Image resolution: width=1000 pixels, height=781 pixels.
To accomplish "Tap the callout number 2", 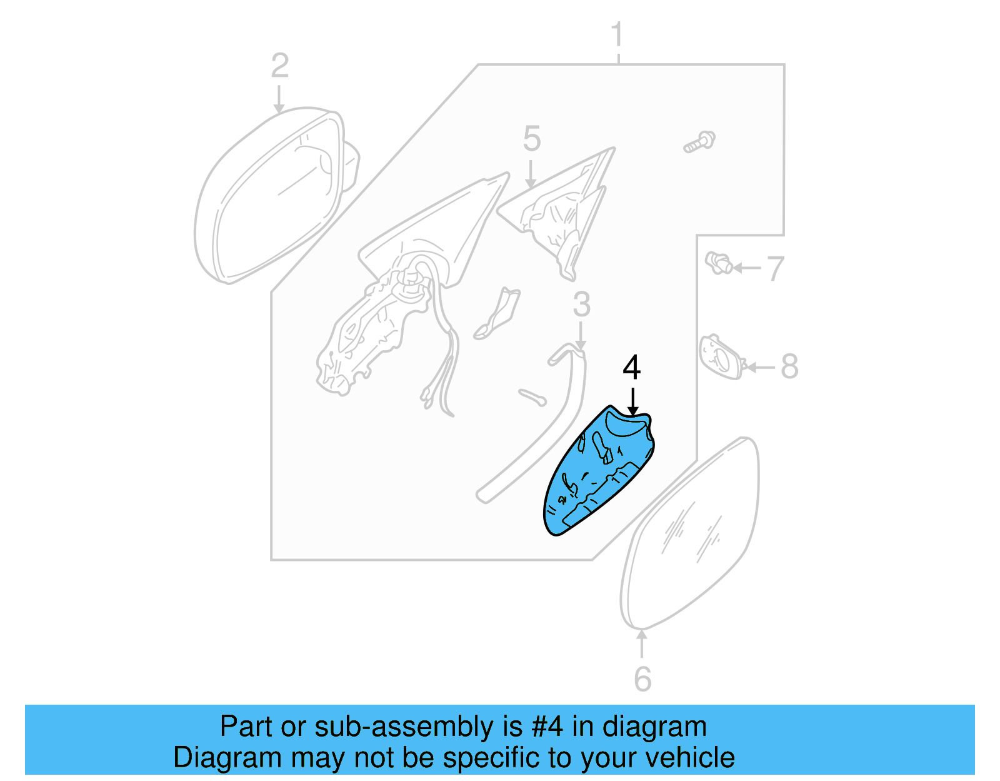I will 279,66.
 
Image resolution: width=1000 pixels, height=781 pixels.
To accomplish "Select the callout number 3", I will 581,305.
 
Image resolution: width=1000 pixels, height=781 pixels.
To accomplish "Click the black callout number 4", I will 632,368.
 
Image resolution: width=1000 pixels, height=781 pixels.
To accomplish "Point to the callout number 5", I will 531,139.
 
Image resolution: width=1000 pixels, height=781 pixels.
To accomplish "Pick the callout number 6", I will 642,679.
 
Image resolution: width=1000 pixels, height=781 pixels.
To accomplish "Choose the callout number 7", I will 775,269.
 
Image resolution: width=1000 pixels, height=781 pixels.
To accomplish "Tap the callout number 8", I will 789,366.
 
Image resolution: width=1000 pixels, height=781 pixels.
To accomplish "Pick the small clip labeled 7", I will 719,263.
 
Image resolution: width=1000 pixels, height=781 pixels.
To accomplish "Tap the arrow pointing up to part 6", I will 641,644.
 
